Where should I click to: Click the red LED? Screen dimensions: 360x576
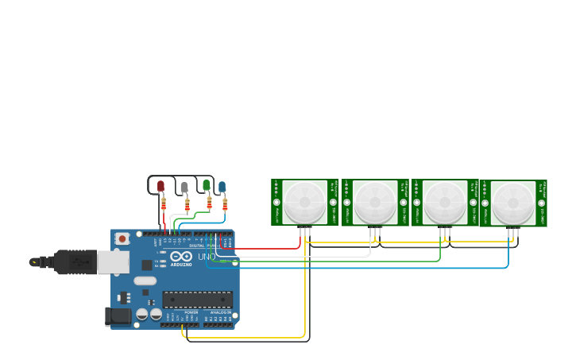[160, 187]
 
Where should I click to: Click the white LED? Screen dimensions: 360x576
[184, 188]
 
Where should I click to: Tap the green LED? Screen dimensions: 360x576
[206, 185]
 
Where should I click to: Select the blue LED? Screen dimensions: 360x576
[222, 187]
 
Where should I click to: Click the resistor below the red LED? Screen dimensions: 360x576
[164, 204]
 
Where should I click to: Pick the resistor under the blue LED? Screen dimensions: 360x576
[225, 204]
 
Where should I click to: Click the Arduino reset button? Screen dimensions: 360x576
[122, 238]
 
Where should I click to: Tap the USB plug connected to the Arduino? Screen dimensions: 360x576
[75, 261]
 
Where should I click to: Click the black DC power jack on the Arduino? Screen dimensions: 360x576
[118, 316]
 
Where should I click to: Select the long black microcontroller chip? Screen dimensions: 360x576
[197, 299]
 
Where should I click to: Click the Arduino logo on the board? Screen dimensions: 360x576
[180, 257]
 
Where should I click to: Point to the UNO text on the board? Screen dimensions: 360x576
[206, 257]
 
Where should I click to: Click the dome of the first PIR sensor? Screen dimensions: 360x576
[304, 202]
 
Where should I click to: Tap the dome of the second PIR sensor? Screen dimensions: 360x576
[375, 202]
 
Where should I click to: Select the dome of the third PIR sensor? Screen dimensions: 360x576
[444, 202]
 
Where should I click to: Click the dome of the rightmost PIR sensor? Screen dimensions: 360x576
[513, 203]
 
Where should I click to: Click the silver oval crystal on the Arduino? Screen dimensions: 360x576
[145, 281]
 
